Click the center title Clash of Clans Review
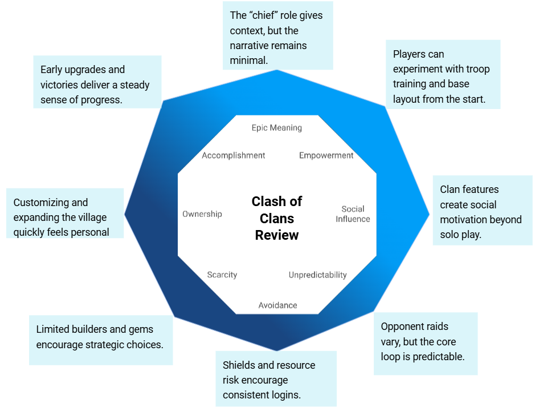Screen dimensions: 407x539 coord(277,218)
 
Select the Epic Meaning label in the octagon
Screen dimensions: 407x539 coord(277,128)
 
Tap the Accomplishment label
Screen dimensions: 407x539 coord(234,155)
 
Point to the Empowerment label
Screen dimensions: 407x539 coord(326,155)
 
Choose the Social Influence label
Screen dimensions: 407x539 coord(353,214)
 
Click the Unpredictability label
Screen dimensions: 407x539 coord(317,275)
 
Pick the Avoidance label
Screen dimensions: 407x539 coord(277,305)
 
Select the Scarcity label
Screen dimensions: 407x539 coord(222,275)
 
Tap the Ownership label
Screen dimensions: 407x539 coord(202,214)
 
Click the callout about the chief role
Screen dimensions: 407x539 coord(277,35)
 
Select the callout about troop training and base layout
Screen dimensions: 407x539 coord(443,74)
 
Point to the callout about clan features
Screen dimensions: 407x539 coord(482,211)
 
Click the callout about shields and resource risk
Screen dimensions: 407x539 coord(276,378)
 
